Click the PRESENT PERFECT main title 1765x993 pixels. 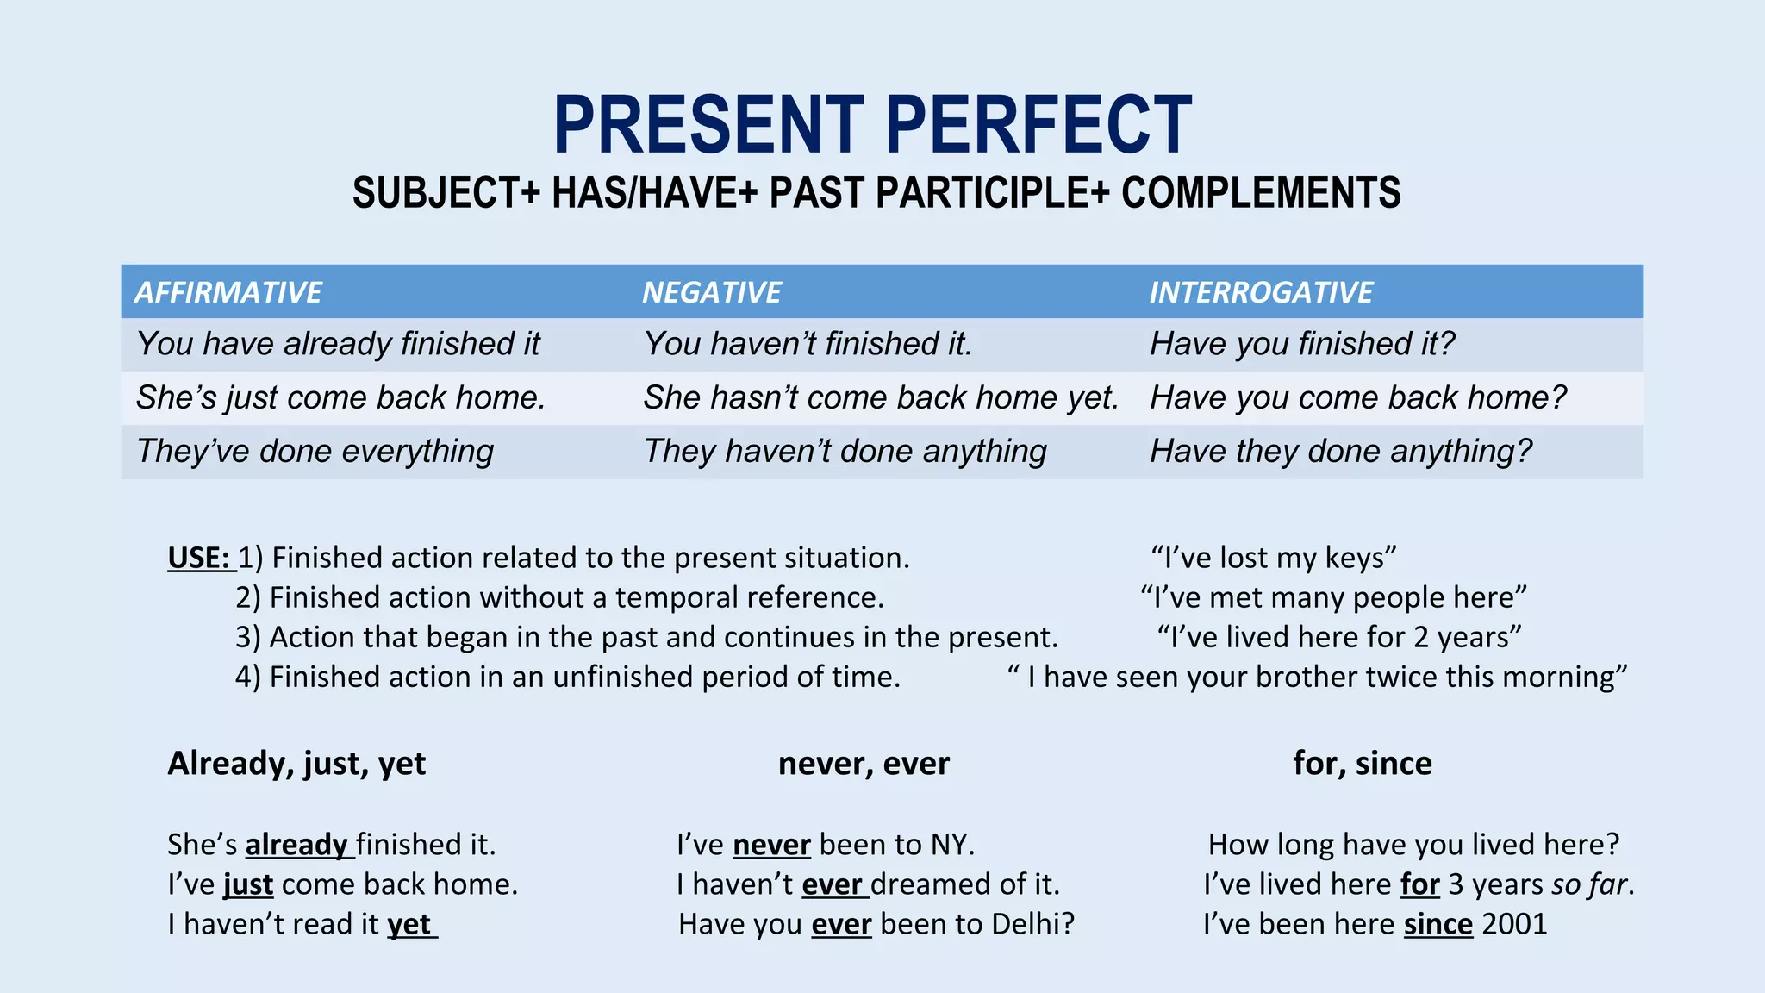tap(872, 126)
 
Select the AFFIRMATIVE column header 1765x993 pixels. tap(228, 292)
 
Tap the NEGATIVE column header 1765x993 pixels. tap(712, 292)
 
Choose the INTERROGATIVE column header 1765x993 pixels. tap(1261, 292)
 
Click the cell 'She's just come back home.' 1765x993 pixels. tap(341, 398)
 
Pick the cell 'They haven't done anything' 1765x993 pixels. tap(845, 452)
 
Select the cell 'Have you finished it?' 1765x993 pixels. tap(1301, 344)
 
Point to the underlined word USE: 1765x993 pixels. tap(199, 558)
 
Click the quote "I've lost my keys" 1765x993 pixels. tap(1274, 558)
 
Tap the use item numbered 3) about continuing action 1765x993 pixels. tap(646, 637)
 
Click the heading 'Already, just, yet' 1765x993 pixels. tap(296, 764)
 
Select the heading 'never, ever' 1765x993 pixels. tap(864, 764)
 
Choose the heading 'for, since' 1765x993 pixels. tap(1363, 764)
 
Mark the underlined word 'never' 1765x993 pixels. tap(771, 845)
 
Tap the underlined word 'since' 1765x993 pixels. tap(1438, 924)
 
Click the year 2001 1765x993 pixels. tap(1514, 924)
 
